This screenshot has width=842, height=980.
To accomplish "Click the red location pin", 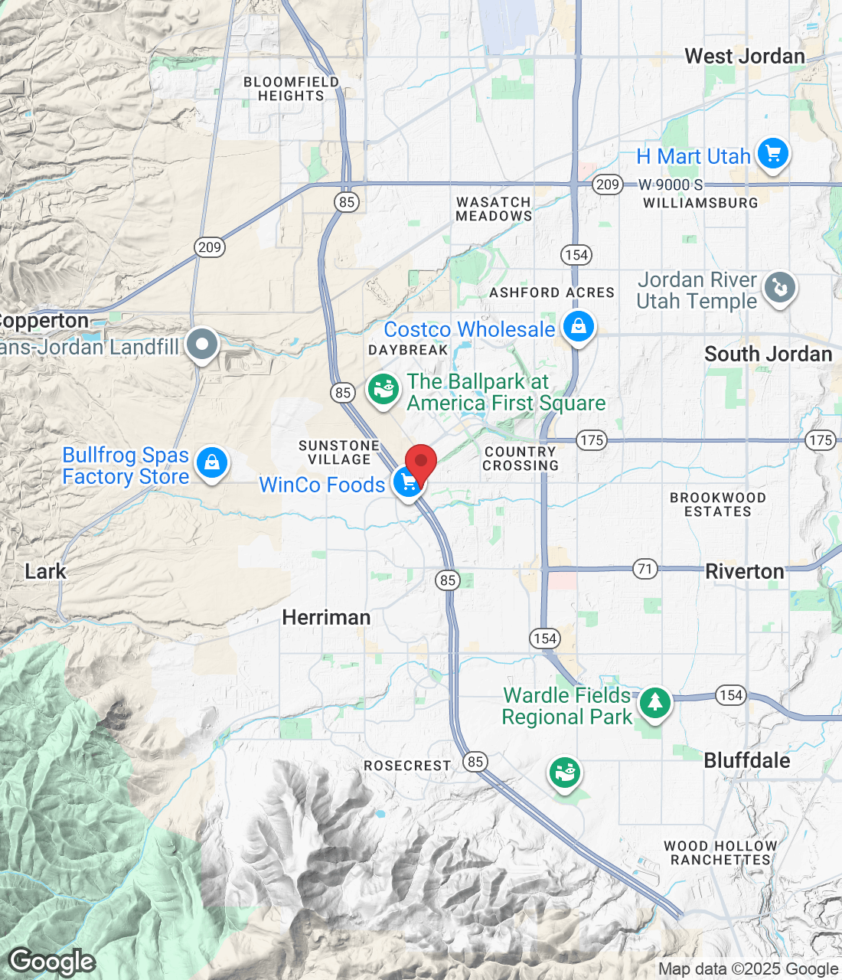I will [420, 462].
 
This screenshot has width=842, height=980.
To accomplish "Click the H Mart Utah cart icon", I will [773, 154].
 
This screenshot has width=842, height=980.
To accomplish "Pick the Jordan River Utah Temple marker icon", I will [779, 289].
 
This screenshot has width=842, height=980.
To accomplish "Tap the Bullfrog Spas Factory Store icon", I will [212, 463].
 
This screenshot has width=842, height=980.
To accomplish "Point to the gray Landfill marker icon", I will [202, 345].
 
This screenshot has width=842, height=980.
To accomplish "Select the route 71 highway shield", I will [646, 569].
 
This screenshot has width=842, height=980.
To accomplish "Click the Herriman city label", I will [326, 617].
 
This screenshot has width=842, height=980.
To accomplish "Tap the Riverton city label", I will [744, 571].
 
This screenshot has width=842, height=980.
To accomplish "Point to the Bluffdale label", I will [746, 760].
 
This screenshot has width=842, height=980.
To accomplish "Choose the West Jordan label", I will [744, 56].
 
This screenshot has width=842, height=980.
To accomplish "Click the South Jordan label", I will [768, 354].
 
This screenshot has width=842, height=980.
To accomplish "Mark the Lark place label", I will [45, 571].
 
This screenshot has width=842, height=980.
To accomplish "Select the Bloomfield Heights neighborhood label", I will [291, 89].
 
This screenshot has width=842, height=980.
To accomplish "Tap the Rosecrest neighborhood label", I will [407, 766].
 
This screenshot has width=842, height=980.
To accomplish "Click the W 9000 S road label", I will [671, 185].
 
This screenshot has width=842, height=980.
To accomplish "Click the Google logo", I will [52, 962].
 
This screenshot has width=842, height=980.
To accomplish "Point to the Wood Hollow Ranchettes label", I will [720, 853].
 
